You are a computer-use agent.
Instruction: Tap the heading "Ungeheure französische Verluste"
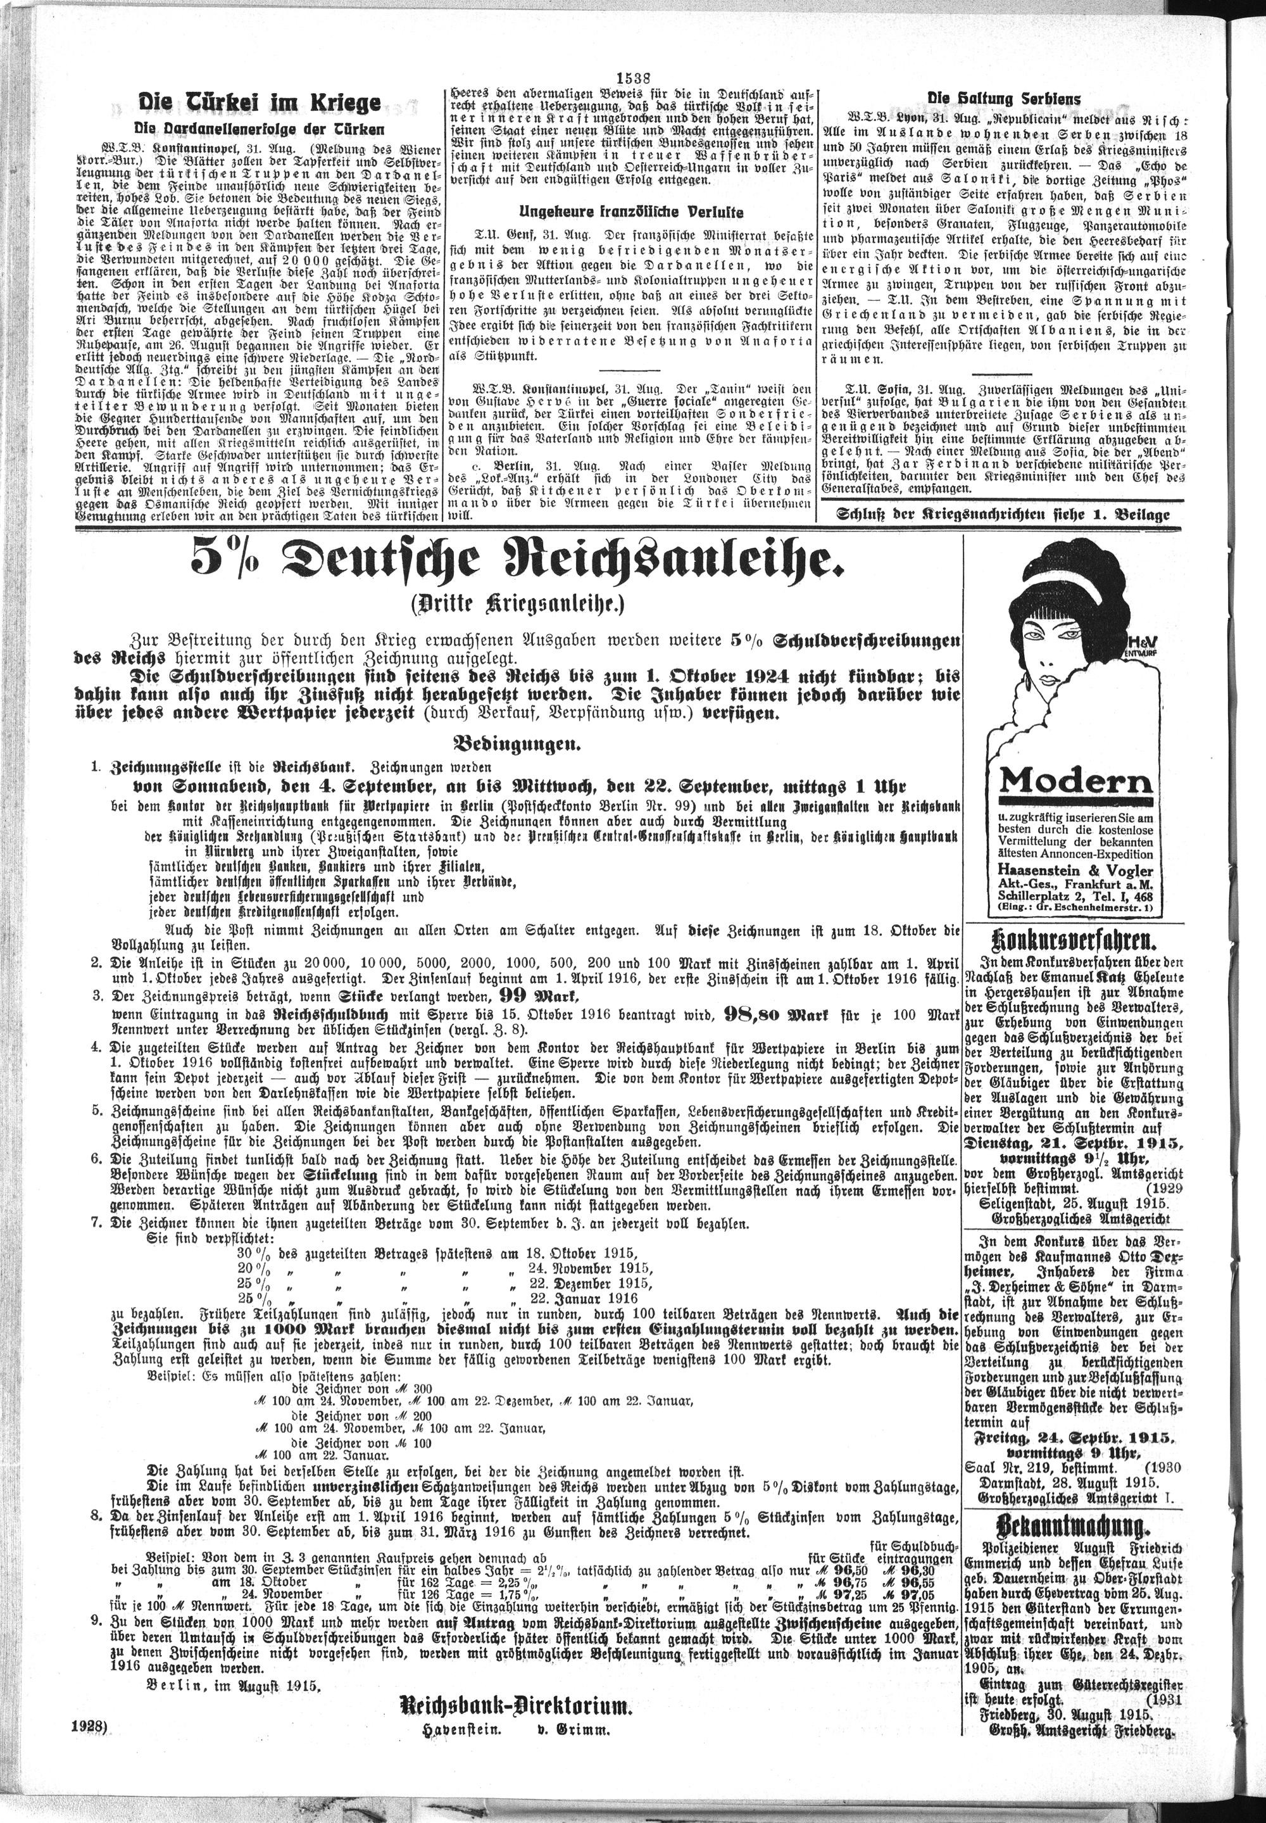(630, 212)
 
